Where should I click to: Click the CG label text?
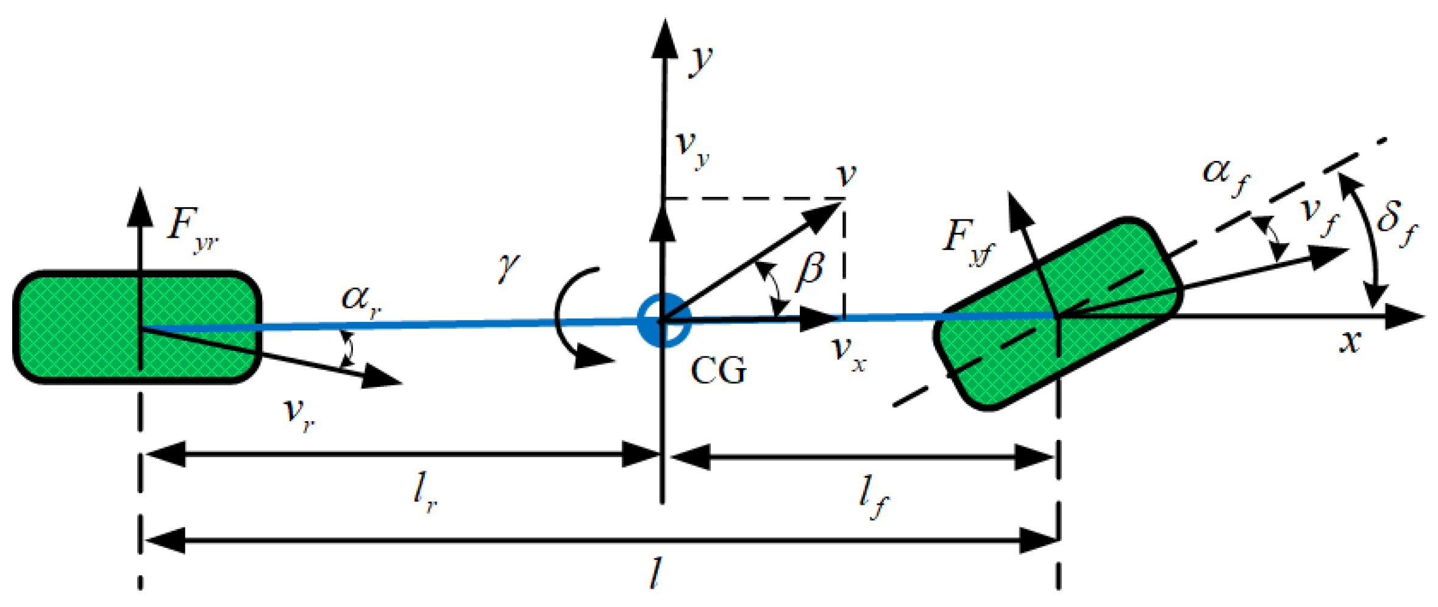coord(718,370)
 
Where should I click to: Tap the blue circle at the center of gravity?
coord(664,320)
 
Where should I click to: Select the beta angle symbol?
coord(811,269)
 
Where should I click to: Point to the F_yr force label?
coord(191,229)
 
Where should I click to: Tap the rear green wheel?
coord(137,327)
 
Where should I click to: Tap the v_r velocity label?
coord(299,414)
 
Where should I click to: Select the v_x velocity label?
coord(848,353)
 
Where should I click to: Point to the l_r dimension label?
coord(424,493)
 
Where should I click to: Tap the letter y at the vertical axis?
coord(701,61)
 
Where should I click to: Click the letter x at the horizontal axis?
coord(1350,341)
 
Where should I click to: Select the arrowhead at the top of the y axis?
coord(664,40)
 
